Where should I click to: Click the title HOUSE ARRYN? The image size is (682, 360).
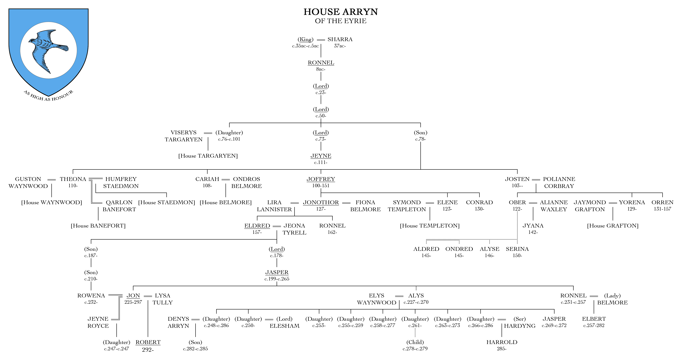tap(341, 12)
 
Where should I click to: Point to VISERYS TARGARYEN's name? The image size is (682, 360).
tap(184, 136)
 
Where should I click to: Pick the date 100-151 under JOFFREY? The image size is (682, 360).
tap(321, 186)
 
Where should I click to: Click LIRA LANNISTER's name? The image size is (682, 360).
tap(274, 206)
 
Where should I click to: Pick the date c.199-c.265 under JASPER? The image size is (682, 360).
tap(277, 279)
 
